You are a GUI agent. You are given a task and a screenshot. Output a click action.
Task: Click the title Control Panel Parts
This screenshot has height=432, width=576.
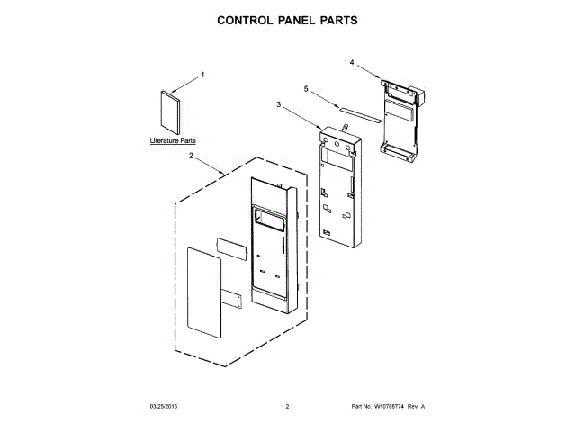288,19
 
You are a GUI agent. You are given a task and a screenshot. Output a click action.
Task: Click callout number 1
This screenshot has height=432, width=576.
202,74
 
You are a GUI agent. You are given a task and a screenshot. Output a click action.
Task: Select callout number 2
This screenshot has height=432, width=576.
191,156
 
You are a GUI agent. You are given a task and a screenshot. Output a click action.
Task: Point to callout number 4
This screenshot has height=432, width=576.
352,62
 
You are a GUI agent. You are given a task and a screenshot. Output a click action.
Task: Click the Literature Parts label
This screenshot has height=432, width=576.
173,141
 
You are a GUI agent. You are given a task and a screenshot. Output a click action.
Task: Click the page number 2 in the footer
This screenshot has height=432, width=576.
287,407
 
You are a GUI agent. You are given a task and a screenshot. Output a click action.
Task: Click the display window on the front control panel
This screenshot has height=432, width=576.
268,218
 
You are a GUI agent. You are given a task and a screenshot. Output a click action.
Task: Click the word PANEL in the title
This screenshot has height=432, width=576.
288,19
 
